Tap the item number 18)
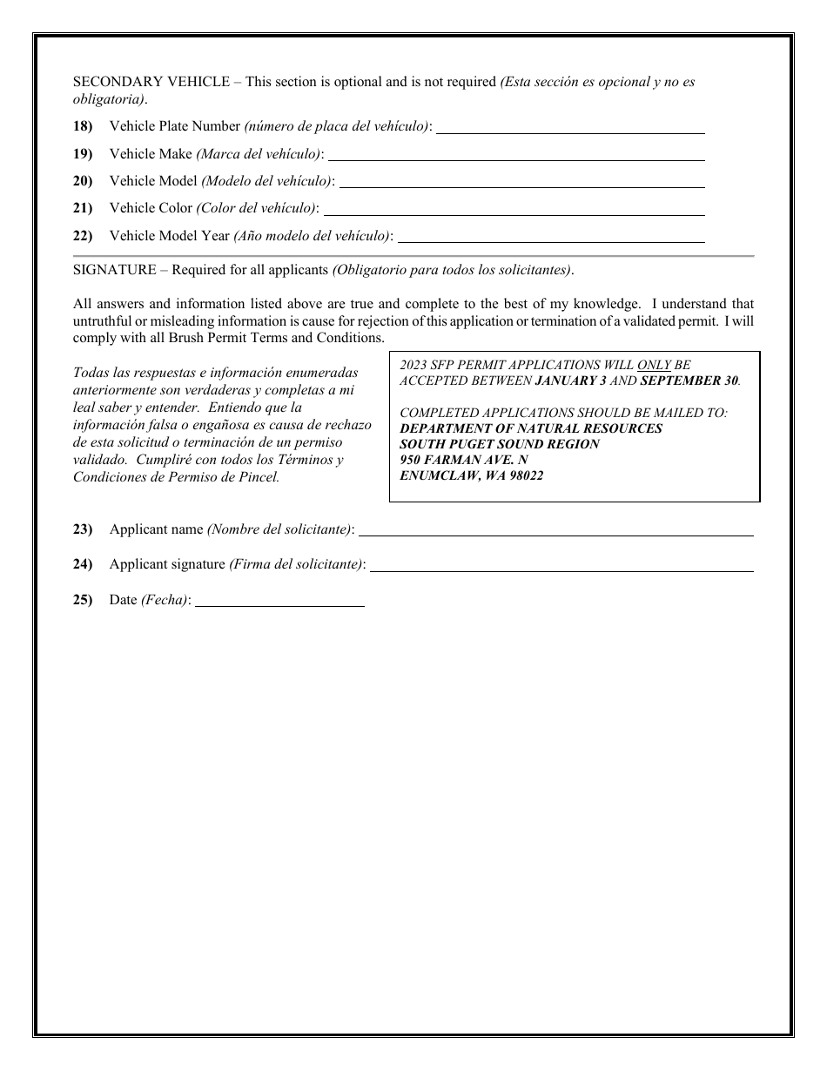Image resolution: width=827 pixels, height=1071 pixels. [83, 126]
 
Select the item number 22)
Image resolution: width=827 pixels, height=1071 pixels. [83, 235]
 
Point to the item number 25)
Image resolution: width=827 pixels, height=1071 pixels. [83, 599]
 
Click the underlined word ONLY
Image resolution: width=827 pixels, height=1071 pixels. [654, 366]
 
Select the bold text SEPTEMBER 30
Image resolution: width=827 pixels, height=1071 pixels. [689, 381]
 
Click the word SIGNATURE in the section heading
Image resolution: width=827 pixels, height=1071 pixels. [114, 270]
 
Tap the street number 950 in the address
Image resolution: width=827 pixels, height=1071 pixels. [410, 460]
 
